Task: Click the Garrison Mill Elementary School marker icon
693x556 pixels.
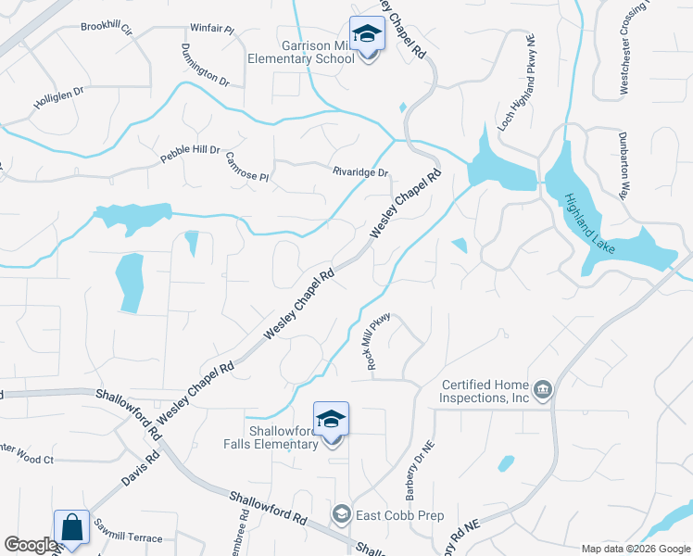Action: click(x=368, y=35)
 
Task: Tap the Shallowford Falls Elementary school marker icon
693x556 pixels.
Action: click(x=331, y=420)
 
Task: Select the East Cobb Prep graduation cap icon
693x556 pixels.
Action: click(x=341, y=514)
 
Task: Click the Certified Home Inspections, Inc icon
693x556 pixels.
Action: click(x=543, y=390)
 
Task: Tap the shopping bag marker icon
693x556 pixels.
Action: click(x=71, y=528)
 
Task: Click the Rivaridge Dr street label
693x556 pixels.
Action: click(x=360, y=171)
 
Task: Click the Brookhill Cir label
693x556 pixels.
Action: click(x=107, y=26)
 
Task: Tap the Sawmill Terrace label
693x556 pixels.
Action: click(x=127, y=538)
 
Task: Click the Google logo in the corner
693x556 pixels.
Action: click(x=30, y=545)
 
